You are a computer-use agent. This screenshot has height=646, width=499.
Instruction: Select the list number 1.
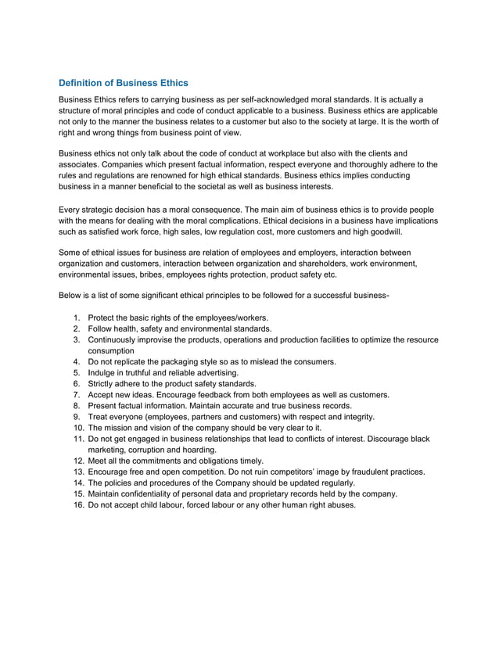coord(77,318)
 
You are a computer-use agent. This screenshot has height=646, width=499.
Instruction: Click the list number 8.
coord(77,406)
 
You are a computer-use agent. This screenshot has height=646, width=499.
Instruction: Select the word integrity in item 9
coord(355,417)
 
